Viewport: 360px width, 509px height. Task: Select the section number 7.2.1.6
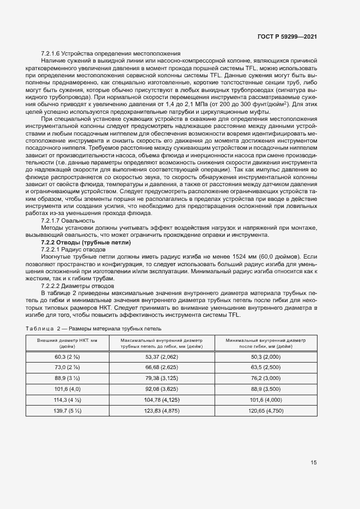pyautogui.click(x=50, y=53)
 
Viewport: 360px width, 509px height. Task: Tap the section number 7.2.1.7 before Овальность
pyautogui.click(x=50, y=206)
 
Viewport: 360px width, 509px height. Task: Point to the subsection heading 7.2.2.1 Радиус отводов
pyautogui.click(x=73, y=234)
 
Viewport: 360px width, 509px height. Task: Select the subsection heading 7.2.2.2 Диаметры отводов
pyautogui.click(x=77, y=285)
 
